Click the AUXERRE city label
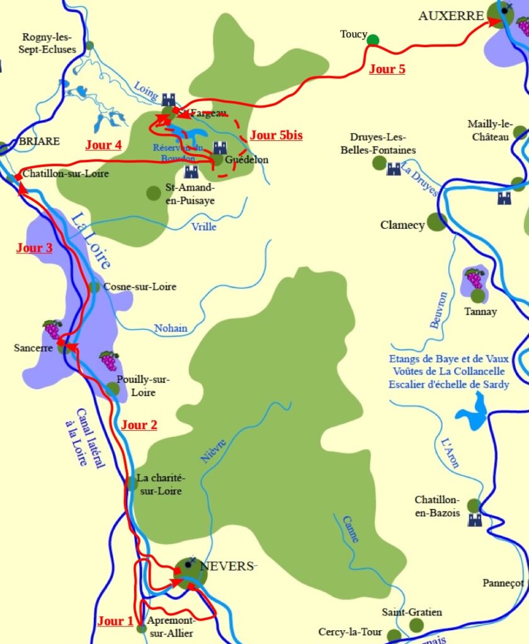click(x=450, y=16)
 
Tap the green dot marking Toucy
click(x=373, y=40)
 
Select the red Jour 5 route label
click(x=387, y=69)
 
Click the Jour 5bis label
click(x=276, y=135)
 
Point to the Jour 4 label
click(x=103, y=145)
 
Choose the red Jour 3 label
click(x=34, y=248)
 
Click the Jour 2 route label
click(x=139, y=425)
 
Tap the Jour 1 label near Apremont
click(x=115, y=621)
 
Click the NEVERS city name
click(x=225, y=566)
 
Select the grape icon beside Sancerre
click(x=52, y=329)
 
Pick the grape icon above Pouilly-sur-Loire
click(x=109, y=360)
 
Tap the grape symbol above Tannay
click(x=474, y=277)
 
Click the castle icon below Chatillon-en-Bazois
click(x=474, y=520)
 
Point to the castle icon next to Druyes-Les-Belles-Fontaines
click(x=394, y=169)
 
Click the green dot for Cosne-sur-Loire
click(x=94, y=287)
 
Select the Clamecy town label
click(x=402, y=225)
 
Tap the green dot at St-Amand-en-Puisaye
click(x=153, y=193)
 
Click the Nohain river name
click(x=171, y=328)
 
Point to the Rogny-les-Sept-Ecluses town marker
click(x=89, y=45)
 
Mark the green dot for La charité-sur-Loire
click(x=131, y=483)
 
